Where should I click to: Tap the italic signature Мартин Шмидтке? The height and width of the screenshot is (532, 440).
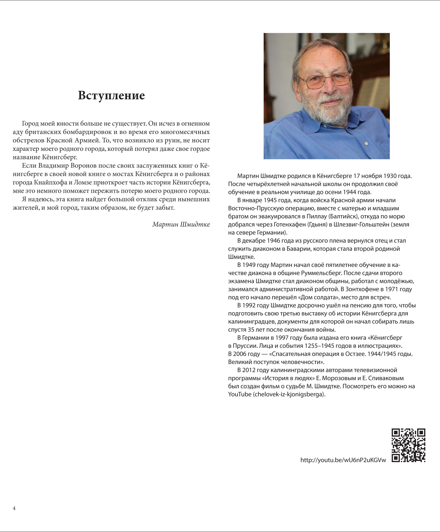[x=181, y=224]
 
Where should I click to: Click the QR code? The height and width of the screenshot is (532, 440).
[x=408, y=445]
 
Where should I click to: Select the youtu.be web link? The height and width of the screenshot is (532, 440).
[x=343, y=460]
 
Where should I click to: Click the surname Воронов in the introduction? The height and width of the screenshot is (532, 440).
[x=83, y=166]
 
